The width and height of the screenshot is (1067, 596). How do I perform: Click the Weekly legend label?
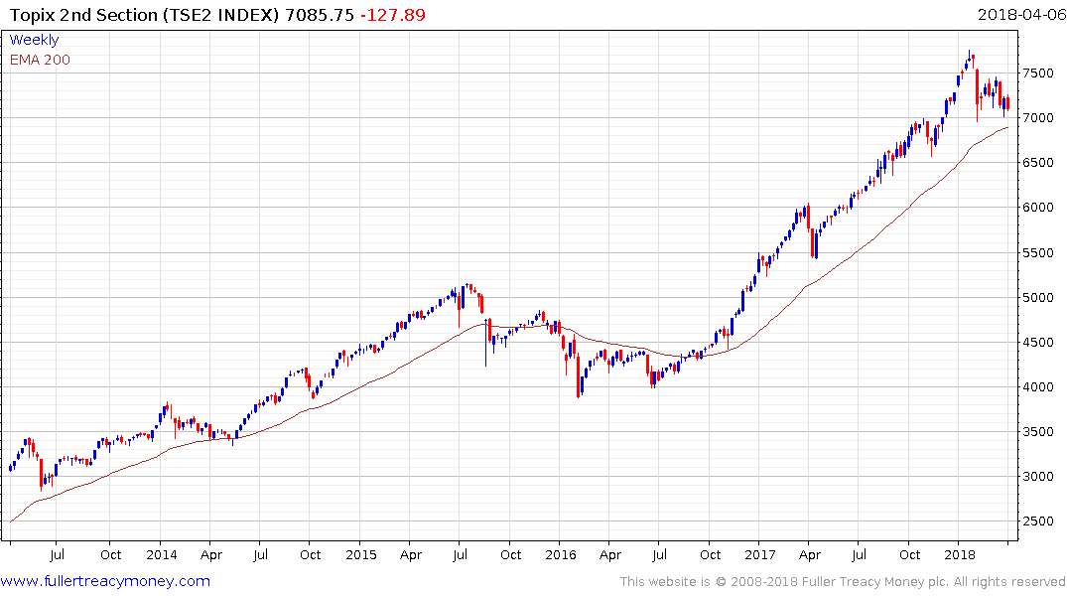click(34, 40)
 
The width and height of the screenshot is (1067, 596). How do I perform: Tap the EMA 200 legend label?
click(40, 60)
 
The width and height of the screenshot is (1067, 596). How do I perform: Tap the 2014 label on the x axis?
click(161, 554)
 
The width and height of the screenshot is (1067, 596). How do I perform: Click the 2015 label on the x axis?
click(360, 554)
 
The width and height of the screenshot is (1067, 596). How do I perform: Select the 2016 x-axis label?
click(561, 554)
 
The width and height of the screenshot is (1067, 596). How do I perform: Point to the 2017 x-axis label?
click(760, 554)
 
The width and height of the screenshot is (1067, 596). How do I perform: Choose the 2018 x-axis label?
click(960, 554)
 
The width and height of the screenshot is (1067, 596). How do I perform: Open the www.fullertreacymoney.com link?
click(105, 581)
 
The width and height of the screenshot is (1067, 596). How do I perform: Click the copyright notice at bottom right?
click(843, 582)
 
